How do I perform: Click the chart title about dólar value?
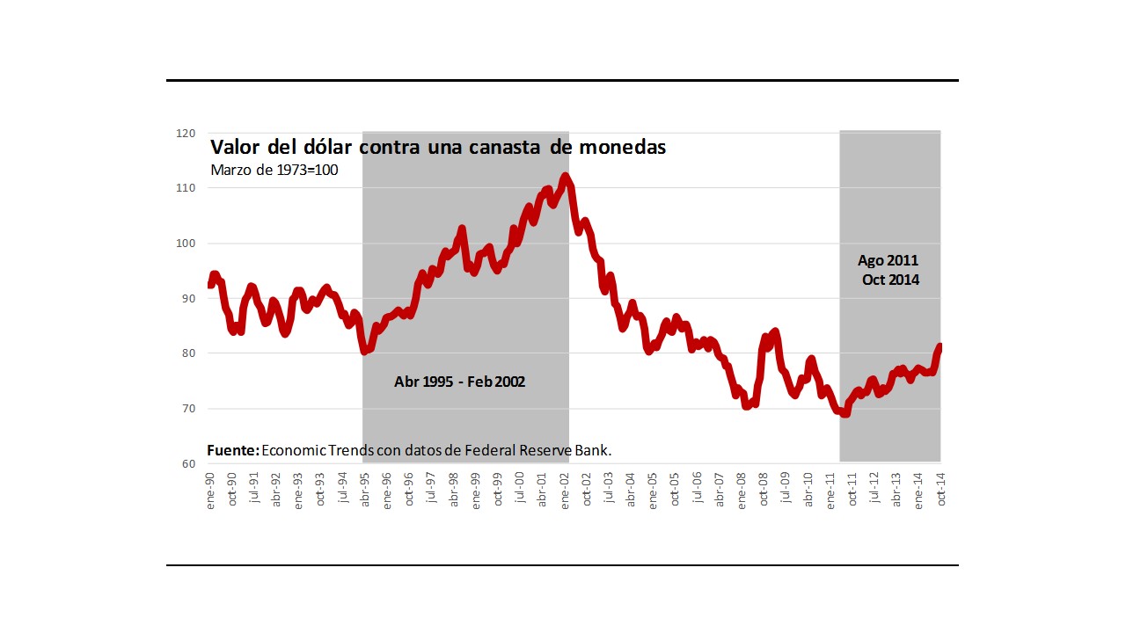(x=437, y=147)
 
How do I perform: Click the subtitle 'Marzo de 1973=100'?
(x=274, y=170)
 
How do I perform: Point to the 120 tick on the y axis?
(x=185, y=134)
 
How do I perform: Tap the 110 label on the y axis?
(x=185, y=188)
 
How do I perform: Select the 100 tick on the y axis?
(x=185, y=244)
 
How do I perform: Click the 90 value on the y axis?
(x=186, y=299)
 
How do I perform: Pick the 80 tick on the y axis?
(x=186, y=353)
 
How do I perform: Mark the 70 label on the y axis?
(x=186, y=409)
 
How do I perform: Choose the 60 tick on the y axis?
(x=186, y=464)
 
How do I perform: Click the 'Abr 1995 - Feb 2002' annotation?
(x=459, y=382)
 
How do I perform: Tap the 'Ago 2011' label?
(x=887, y=261)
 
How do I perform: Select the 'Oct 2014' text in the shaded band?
(x=890, y=280)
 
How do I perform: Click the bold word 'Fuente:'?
(x=233, y=450)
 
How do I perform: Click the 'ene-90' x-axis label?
(x=210, y=489)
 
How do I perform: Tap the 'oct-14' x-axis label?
(x=941, y=489)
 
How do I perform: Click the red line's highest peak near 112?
(x=565, y=177)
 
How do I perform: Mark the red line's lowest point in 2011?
(x=845, y=413)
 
